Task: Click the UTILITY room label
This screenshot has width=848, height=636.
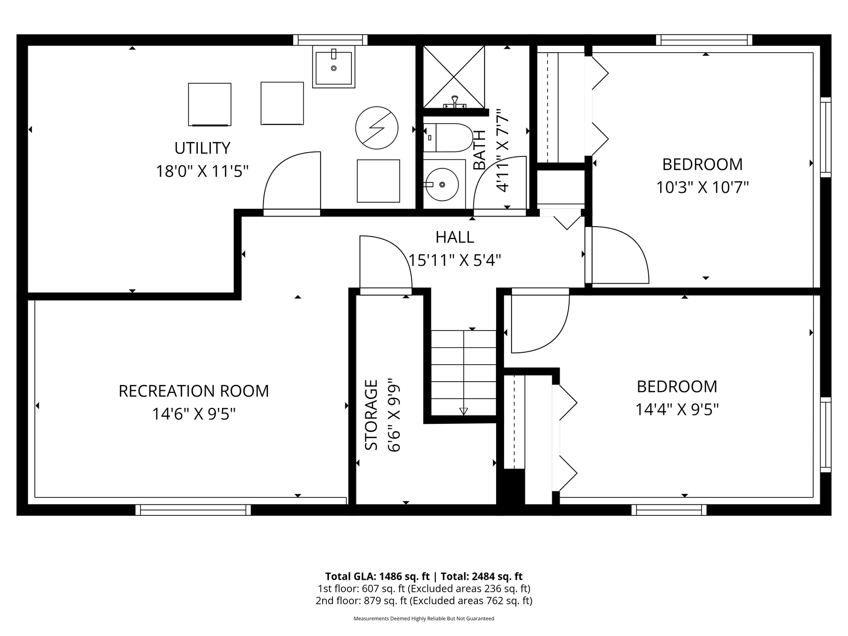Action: pyautogui.click(x=202, y=148)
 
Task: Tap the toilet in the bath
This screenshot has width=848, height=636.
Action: pyautogui.click(x=448, y=138)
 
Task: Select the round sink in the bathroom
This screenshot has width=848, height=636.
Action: pyautogui.click(x=442, y=184)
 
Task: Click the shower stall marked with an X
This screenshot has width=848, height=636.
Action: pyautogui.click(x=453, y=77)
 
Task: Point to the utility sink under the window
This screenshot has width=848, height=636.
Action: pyautogui.click(x=334, y=67)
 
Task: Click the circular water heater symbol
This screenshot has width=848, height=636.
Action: pyautogui.click(x=377, y=128)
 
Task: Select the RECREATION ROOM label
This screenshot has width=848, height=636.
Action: pyautogui.click(x=194, y=391)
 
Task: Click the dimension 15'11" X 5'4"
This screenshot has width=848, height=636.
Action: pyautogui.click(x=454, y=260)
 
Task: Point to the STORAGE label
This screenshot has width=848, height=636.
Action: pyautogui.click(x=371, y=415)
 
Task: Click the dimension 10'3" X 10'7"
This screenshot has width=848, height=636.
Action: pyautogui.click(x=702, y=187)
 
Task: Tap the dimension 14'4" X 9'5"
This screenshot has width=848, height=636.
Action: pyautogui.click(x=677, y=409)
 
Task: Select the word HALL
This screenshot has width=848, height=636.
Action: pyautogui.click(x=455, y=237)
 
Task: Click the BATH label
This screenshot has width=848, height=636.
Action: pyautogui.click(x=479, y=150)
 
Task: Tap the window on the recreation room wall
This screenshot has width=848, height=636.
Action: pyautogui.click(x=193, y=510)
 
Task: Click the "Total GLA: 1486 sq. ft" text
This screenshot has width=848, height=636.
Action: pyautogui.click(x=377, y=576)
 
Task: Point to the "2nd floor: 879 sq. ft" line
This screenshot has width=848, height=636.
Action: pyautogui.click(x=361, y=601)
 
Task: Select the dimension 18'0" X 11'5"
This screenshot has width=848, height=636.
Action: pyautogui.click(x=202, y=171)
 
